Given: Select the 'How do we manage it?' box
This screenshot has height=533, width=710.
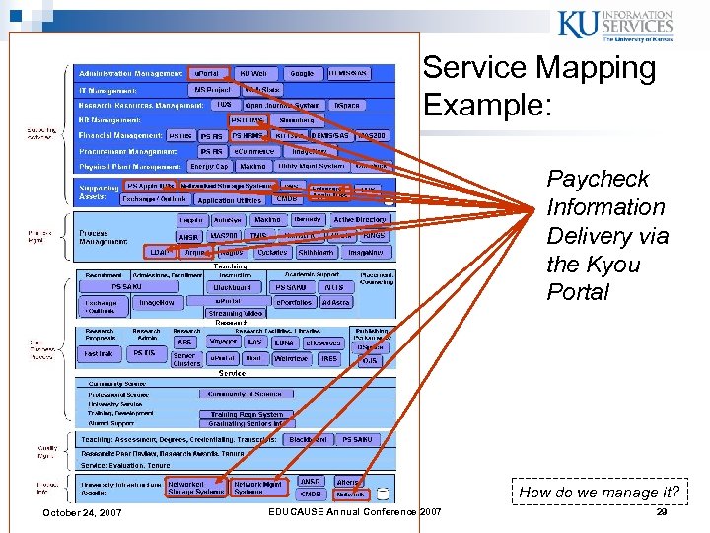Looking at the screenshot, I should tap(601, 492).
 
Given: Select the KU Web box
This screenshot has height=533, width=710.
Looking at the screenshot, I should tap(252, 73).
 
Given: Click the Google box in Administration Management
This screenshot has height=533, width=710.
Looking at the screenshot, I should tap(302, 73).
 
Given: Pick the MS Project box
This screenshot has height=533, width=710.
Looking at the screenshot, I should tap(212, 89).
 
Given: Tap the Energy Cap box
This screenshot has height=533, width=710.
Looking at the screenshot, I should tap(209, 167).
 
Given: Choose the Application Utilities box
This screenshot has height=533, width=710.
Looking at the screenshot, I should tap(230, 199).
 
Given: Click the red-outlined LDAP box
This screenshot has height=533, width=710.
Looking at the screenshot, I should tap(158, 252).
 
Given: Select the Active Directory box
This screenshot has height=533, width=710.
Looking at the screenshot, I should tap(359, 220).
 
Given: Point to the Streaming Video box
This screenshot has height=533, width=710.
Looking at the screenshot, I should tap(236, 313).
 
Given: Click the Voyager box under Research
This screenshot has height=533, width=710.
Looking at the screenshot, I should tap(222, 343).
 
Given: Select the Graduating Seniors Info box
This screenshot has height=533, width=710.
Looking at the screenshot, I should tap(246, 423).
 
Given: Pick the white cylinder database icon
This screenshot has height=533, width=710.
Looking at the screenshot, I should tap(383, 494).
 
